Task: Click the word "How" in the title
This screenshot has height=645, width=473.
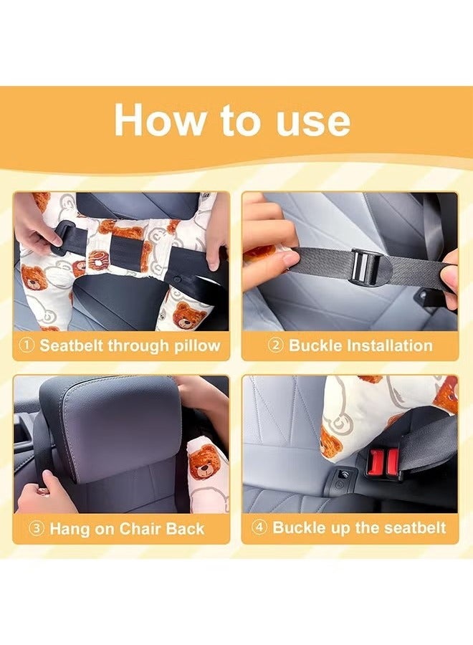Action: tap(159, 120)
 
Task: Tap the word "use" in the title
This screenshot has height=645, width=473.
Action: tap(313, 123)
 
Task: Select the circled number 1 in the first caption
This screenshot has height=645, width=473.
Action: tap(27, 345)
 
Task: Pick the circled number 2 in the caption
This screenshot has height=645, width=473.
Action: tap(276, 345)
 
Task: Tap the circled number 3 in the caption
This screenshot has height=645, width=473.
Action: tap(37, 529)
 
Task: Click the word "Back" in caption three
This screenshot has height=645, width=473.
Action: tap(185, 529)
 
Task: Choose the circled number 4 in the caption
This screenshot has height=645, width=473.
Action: tap(259, 527)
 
